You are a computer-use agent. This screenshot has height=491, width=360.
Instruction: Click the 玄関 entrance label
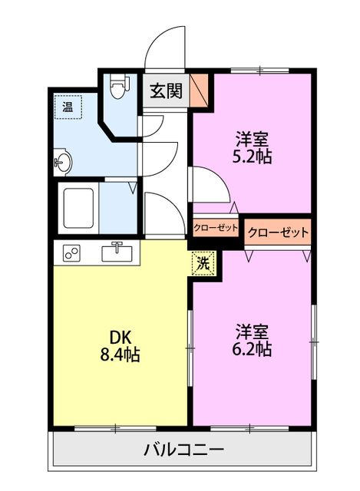166,91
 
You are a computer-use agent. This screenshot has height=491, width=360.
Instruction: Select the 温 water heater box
68,107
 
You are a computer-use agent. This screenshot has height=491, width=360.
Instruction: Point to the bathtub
78,208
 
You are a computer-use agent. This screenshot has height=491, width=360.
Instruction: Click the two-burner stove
71,253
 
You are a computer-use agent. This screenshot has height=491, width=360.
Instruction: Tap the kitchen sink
117,252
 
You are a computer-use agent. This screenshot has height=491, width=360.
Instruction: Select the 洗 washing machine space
203,263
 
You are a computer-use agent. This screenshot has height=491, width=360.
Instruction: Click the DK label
120,338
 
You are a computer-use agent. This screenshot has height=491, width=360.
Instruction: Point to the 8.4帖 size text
120,355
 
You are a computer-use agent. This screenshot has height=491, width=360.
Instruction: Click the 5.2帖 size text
252,157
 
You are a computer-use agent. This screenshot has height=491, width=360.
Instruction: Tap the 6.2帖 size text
252,349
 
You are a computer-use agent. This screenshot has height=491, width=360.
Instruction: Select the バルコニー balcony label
184,450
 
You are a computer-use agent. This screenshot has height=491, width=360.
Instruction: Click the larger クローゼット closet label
278,232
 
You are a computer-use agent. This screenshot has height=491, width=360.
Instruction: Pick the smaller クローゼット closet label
216,227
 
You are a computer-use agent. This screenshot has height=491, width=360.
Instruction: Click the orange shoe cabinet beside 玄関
200,91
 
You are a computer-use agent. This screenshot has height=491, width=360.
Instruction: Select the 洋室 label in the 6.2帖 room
252,332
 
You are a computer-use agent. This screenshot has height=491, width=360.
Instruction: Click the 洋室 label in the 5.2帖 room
252,140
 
